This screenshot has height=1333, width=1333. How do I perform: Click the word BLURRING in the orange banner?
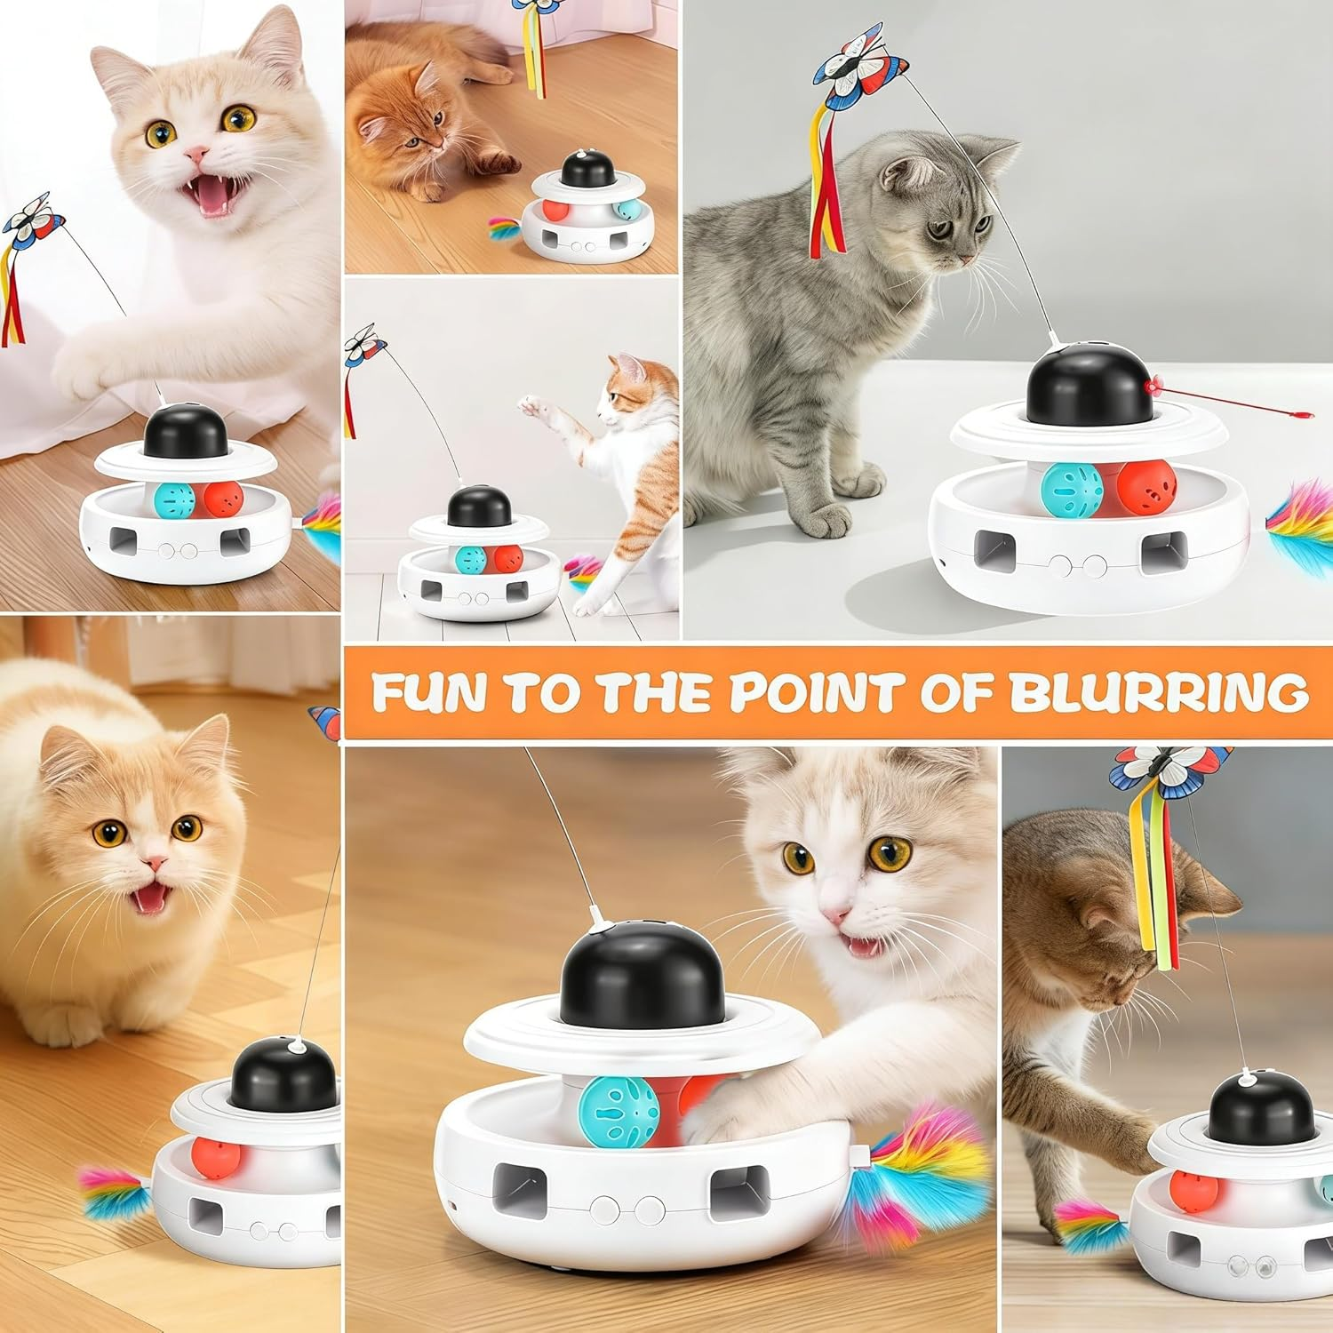[1158, 692]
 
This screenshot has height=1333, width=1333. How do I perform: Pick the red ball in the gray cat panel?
[1146, 489]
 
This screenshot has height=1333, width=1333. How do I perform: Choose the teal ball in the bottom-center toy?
[619, 1106]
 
